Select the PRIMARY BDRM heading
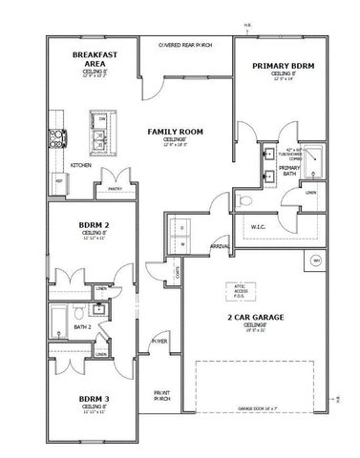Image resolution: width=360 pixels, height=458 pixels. pos(284,66)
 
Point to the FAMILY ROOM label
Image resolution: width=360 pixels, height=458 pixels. pos(175,131)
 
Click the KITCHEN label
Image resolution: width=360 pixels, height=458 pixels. pos(80,164)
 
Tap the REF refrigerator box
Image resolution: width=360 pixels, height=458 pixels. pos(57,179)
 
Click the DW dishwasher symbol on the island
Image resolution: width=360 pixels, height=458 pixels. pos(99,118)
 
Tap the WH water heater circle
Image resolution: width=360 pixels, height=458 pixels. pos(316,260)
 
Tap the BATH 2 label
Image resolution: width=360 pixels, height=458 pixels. pos(82,326)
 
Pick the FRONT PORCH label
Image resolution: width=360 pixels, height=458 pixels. pos(161,395)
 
